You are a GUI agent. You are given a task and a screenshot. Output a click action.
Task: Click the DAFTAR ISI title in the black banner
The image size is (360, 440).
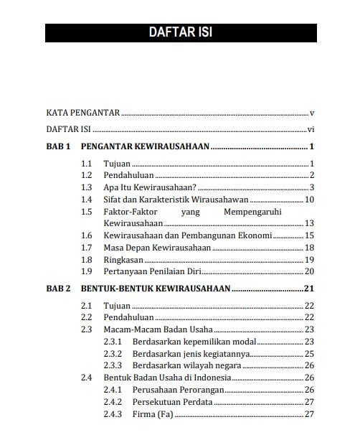pyautogui.click(x=180, y=32)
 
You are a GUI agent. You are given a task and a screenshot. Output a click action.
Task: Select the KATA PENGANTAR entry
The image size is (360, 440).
pyautogui.click(x=82, y=113)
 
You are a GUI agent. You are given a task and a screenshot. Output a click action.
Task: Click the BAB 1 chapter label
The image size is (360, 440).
pyautogui.click(x=58, y=147)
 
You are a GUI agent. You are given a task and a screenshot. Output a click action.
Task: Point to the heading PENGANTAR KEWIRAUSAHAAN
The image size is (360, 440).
pyautogui.click(x=144, y=147)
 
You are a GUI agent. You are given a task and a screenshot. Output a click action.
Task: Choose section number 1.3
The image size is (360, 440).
pyautogui.click(x=87, y=187)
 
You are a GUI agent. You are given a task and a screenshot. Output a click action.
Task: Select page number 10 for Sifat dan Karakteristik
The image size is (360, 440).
pyautogui.click(x=310, y=200)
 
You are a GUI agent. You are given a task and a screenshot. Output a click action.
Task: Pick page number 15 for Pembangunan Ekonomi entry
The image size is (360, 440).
pyautogui.click(x=310, y=235)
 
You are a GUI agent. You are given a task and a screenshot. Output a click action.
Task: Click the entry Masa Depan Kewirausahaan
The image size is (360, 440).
pyautogui.click(x=157, y=248)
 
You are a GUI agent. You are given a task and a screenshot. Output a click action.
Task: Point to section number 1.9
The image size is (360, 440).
pyautogui.click(x=87, y=271)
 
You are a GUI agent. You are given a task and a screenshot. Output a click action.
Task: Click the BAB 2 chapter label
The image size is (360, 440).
pyautogui.click(x=58, y=289)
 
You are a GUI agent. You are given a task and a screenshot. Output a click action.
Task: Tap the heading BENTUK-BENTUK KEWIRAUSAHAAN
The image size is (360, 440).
pyautogui.click(x=155, y=289)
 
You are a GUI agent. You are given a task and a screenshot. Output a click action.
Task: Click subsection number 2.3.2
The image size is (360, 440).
pyautogui.click(x=113, y=354)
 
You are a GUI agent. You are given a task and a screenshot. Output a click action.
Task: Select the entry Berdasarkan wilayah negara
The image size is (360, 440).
pyautogui.click(x=186, y=365)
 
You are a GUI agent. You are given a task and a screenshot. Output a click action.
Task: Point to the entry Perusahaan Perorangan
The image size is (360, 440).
pyautogui.click(x=179, y=390)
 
